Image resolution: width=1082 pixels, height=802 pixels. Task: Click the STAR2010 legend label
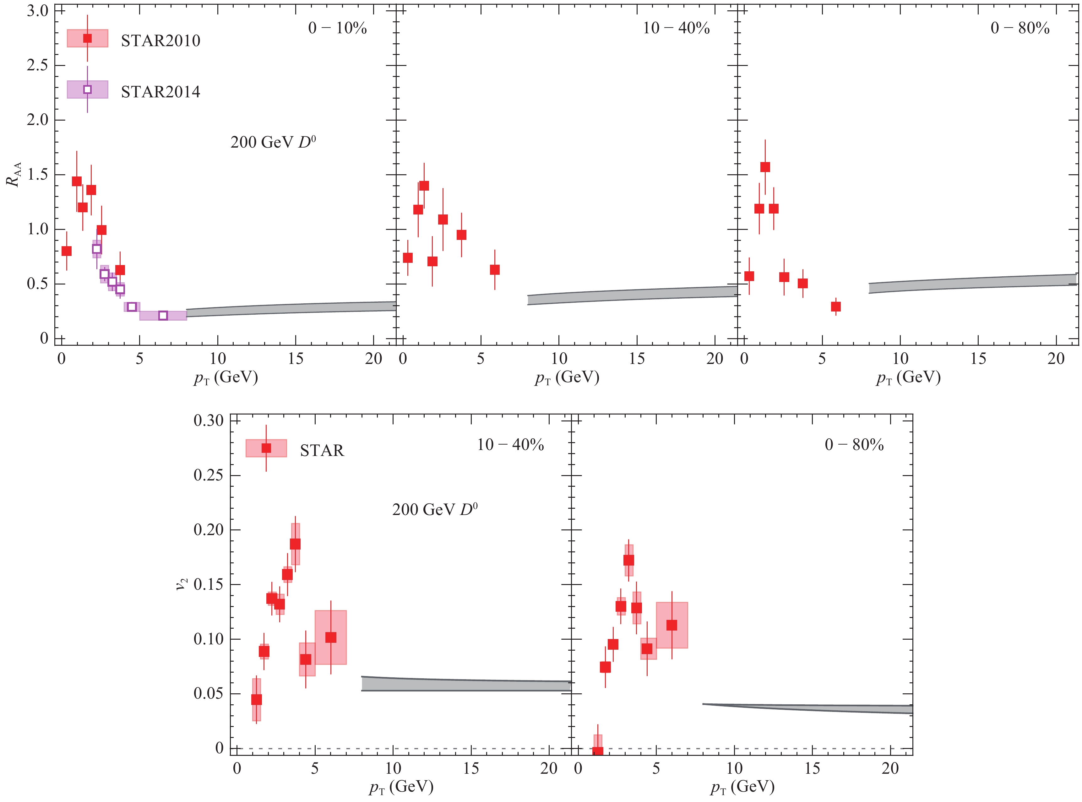click(160, 41)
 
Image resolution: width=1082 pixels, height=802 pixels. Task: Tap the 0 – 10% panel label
click(337, 28)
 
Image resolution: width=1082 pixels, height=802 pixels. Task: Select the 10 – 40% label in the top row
click(676, 28)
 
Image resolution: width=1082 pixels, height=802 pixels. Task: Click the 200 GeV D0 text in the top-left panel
click(273, 142)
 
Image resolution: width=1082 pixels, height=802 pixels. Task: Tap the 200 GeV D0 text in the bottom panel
click(435, 509)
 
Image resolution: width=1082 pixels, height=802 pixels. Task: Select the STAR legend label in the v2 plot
click(322, 451)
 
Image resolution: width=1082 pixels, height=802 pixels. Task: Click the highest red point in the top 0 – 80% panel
click(765, 167)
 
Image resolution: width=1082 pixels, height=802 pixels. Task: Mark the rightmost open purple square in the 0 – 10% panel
click(163, 316)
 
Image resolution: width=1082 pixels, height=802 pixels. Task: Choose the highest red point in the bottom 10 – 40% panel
click(295, 544)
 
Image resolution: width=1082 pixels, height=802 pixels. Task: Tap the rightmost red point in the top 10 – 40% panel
click(494, 269)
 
